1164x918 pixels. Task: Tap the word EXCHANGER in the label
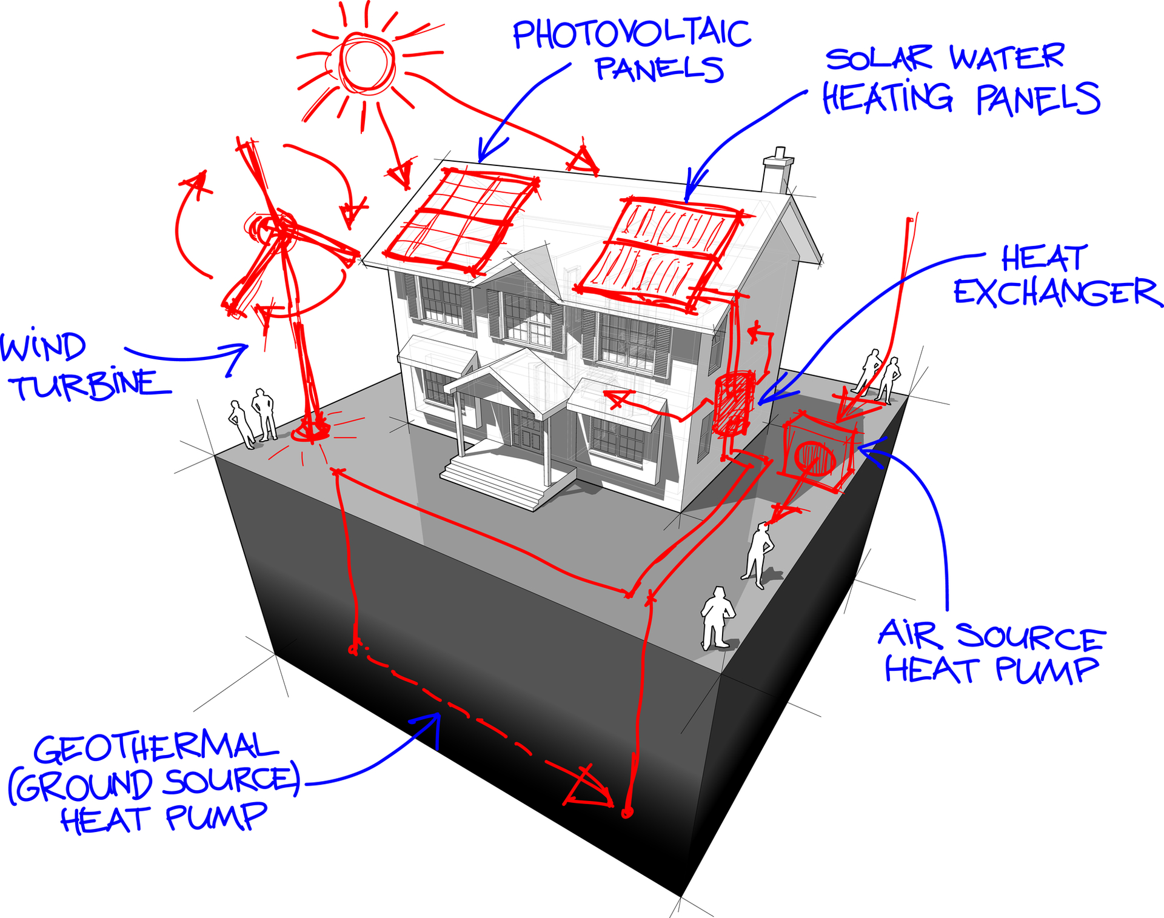coord(1056,293)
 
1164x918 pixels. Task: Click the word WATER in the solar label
coord(1006,58)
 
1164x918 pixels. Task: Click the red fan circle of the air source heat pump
coord(815,461)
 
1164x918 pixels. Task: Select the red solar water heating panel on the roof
coord(661,251)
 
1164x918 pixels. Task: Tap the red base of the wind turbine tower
coord(311,430)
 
